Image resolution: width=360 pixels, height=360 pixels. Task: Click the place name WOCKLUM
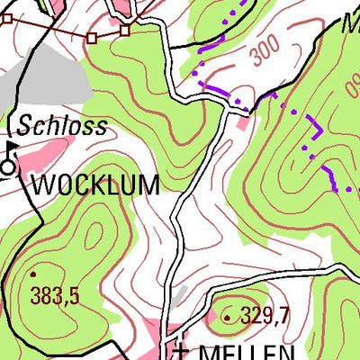click(x=95, y=186)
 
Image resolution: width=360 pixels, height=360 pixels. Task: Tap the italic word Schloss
click(x=61, y=126)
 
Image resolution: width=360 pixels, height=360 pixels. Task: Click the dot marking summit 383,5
click(x=33, y=273)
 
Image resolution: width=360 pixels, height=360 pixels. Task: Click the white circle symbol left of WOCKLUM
click(x=9, y=166)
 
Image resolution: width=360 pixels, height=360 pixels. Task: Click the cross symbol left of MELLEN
click(x=182, y=349)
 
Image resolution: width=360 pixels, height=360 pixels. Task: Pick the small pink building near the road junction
click(x=238, y=121)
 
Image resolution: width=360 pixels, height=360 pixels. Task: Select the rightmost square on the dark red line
click(x=124, y=31)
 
